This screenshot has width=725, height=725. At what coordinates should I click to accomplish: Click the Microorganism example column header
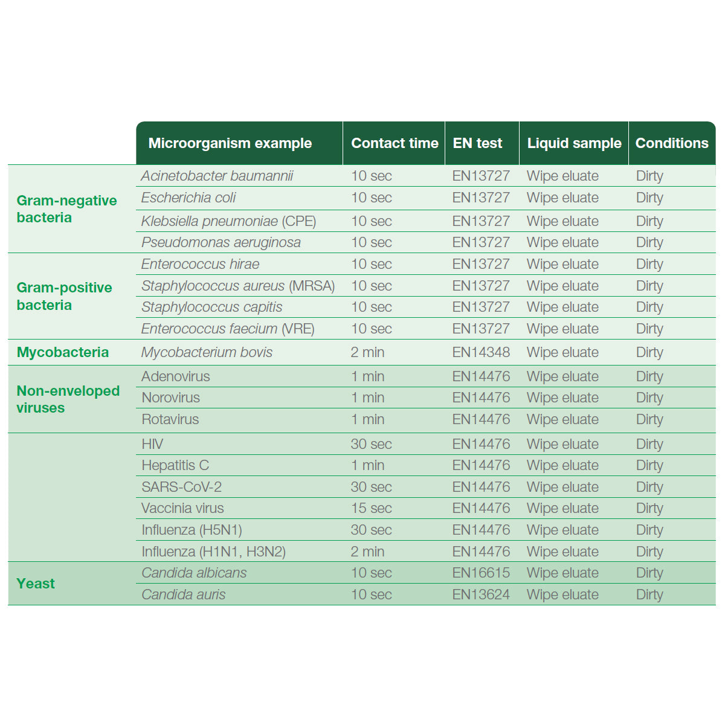[x=230, y=143]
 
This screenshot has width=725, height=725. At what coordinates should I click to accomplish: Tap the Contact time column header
[x=395, y=143]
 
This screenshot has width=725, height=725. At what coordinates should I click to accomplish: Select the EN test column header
[x=477, y=143]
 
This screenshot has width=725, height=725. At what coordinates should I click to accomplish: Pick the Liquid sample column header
[x=574, y=143]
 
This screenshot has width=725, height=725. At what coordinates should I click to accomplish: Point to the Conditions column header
[x=672, y=143]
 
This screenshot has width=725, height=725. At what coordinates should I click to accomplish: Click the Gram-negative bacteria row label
[x=66, y=209]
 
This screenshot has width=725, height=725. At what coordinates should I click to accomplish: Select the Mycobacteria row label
[x=63, y=352]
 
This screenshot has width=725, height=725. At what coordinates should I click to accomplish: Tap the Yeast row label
[x=36, y=584]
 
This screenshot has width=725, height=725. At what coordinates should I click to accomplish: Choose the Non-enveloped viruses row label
[x=68, y=399]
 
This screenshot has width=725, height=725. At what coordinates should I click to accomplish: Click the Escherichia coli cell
[x=188, y=198]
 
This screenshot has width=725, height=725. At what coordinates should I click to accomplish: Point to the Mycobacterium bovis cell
[x=207, y=352]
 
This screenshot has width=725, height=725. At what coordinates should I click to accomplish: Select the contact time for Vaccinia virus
[x=371, y=508]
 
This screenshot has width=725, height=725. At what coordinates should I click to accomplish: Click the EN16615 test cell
[x=481, y=573]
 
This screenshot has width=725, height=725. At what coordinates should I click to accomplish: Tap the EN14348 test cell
[x=481, y=352]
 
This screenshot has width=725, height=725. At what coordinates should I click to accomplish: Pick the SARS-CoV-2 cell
[x=181, y=487]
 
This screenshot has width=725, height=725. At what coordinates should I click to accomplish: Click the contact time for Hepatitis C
[x=367, y=465]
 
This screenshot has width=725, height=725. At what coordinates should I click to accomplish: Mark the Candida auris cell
[x=184, y=594]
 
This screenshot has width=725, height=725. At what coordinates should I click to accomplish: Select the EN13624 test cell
[x=481, y=594]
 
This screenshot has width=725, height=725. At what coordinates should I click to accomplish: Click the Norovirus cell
[x=170, y=398]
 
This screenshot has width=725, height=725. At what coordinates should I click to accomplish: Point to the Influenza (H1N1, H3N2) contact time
[x=367, y=552]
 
